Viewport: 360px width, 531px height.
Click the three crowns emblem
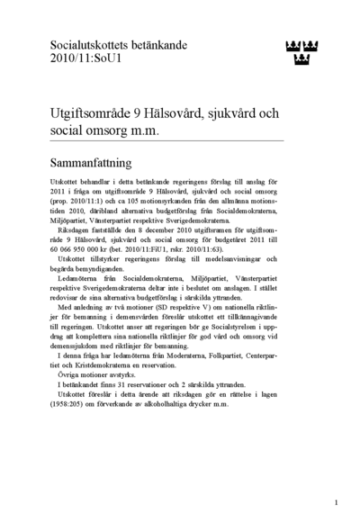306,53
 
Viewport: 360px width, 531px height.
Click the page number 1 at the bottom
336,503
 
